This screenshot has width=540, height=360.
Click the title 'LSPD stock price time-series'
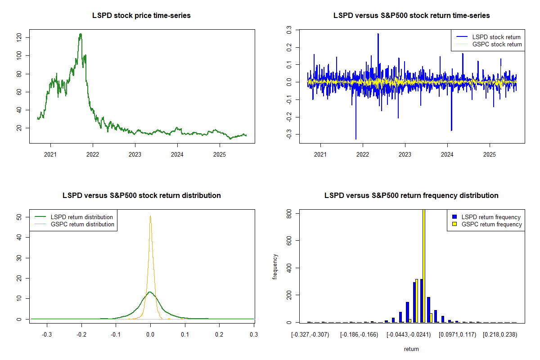pyautogui.click(x=141, y=16)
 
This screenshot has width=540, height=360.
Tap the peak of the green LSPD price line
pyautogui.click(x=81, y=34)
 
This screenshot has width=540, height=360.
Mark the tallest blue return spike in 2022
pyautogui.click(x=378, y=34)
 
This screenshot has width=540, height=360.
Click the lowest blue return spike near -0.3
pyautogui.click(x=356, y=138)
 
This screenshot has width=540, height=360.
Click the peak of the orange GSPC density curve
pyautogui.click(x=150, y=216)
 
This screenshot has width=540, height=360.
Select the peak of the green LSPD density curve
pyautogui.click(x=150, y=292)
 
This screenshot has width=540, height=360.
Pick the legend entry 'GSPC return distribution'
pyautogui.click(x=82, y=224)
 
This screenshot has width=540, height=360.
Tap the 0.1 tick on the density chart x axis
pyautogui.click(x=185, y=334)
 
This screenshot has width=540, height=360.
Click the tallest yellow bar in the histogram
pyautogui.click(x=423, y=265)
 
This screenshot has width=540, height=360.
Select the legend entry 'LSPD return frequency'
pyautogui.click(x=491, y=217)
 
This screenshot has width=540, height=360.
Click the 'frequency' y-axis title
pyautogui.click(x=276, y=266)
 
